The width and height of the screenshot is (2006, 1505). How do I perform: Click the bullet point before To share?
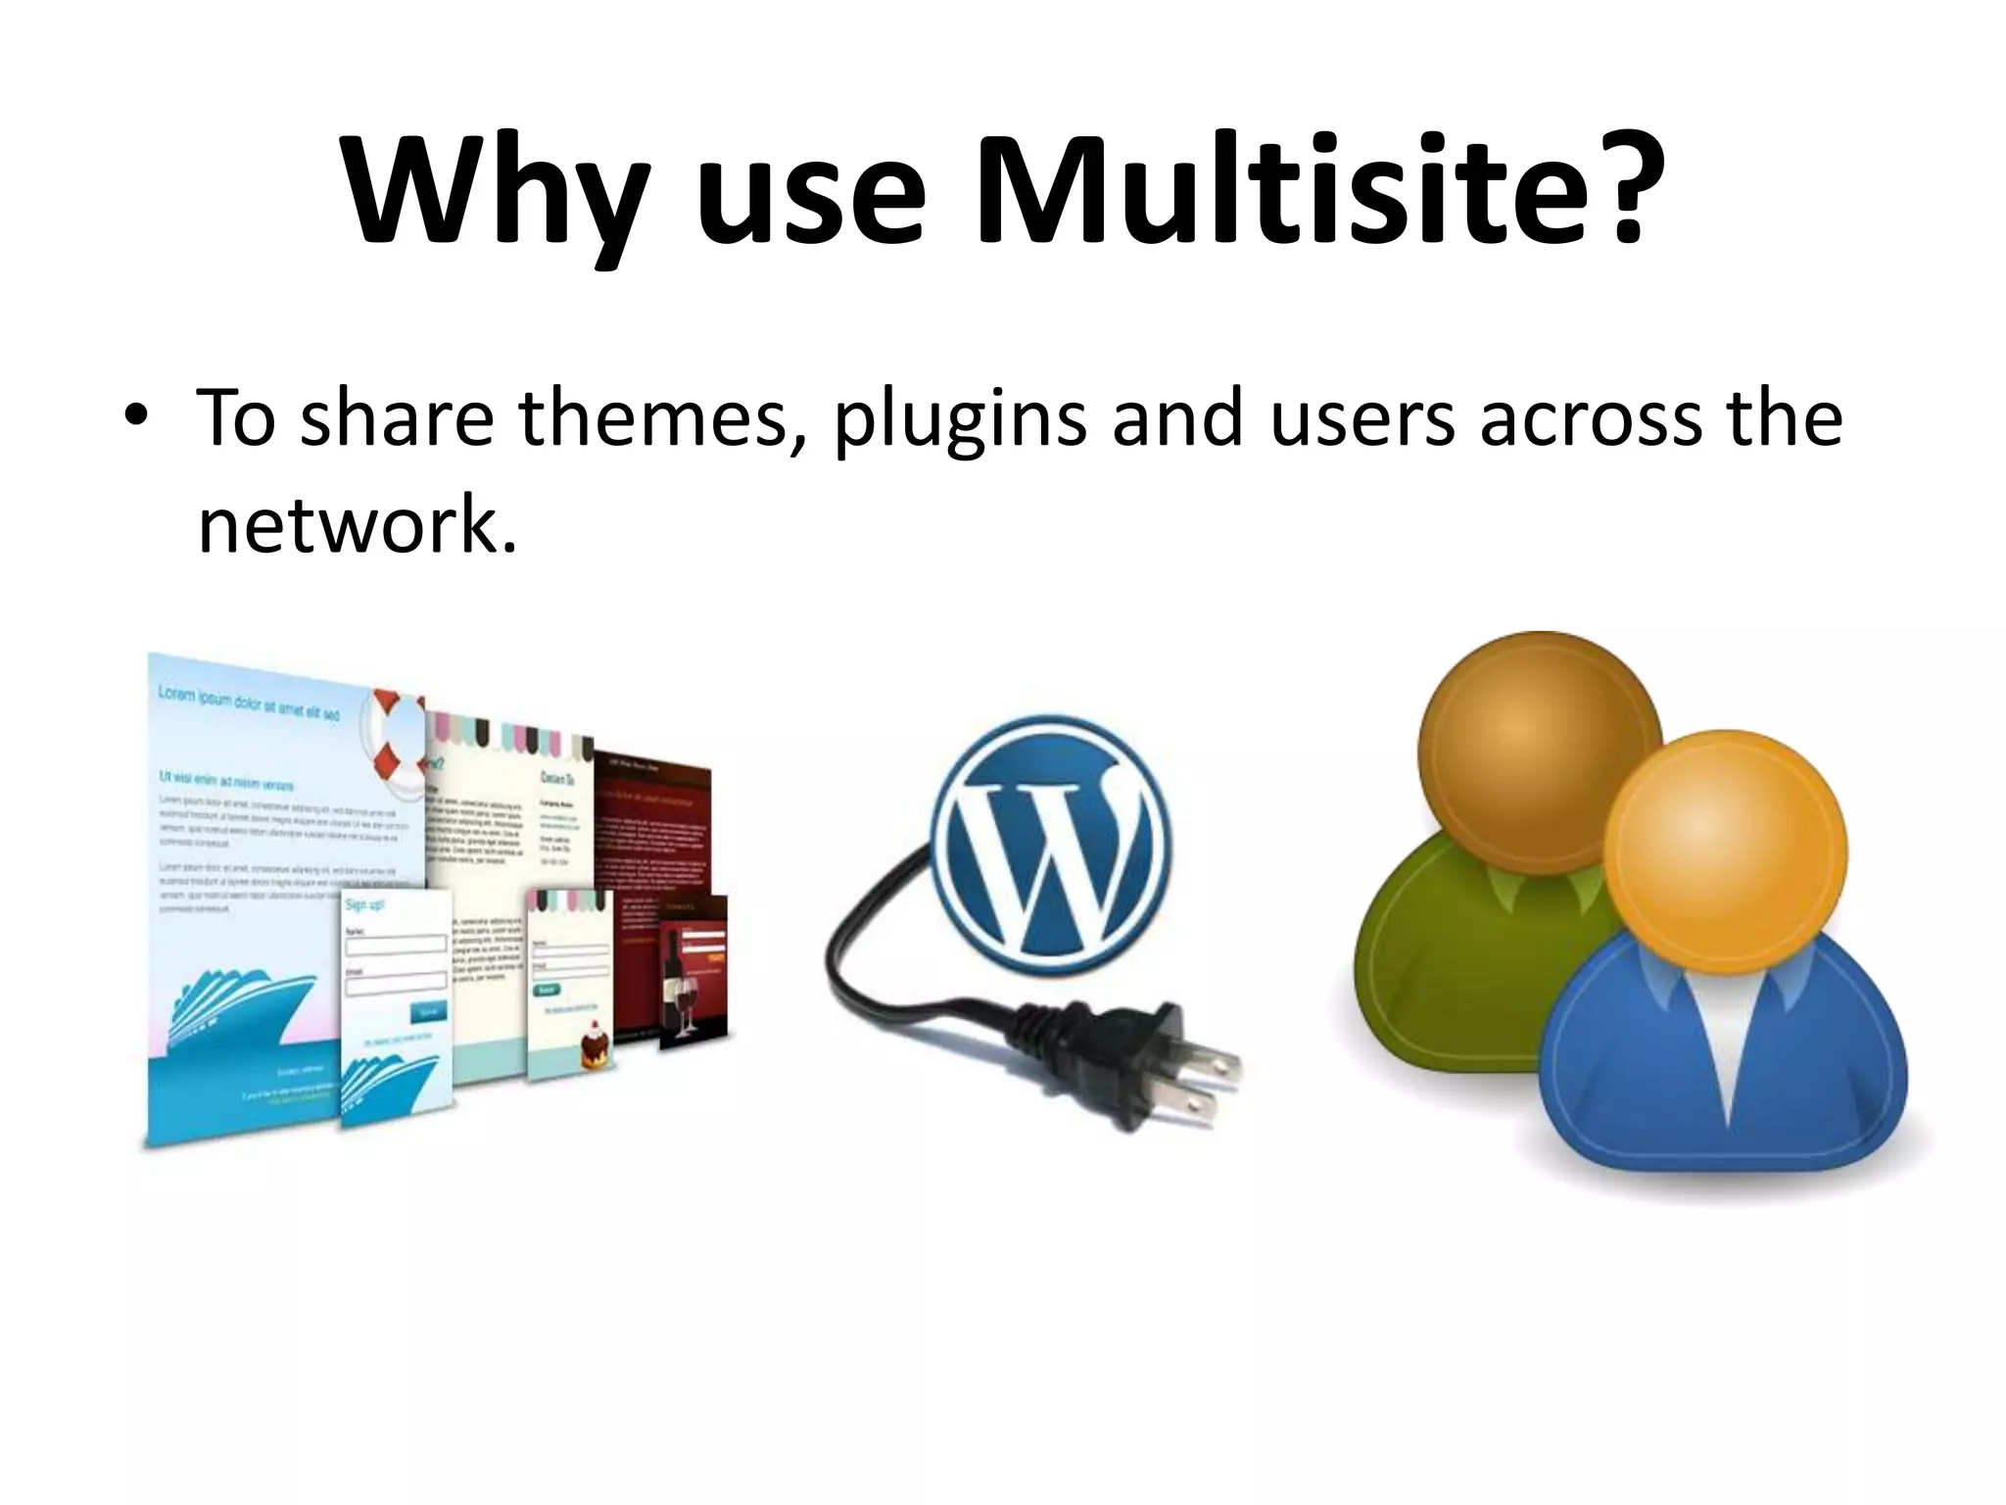[x=136, y=417]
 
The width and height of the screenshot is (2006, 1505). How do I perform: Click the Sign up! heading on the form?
[x=364, y=903]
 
